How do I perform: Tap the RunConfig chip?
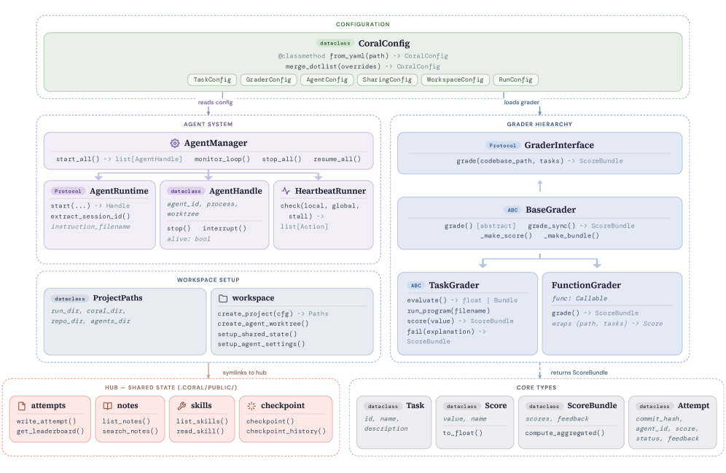(515, 79)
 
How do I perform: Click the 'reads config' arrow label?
(215, 103)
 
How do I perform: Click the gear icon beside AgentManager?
(175, 144)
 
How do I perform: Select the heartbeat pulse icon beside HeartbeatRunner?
(286, 191)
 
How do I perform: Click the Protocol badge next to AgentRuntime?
(68, 191)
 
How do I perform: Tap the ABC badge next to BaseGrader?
(512, 210)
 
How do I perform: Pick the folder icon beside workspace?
(223, 298)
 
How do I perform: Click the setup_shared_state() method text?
(257, 334)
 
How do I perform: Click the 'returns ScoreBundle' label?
(578, 372)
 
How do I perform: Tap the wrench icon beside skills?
(182, 405)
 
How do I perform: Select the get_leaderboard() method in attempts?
(50, 431)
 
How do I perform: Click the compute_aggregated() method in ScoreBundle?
(565, 433)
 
